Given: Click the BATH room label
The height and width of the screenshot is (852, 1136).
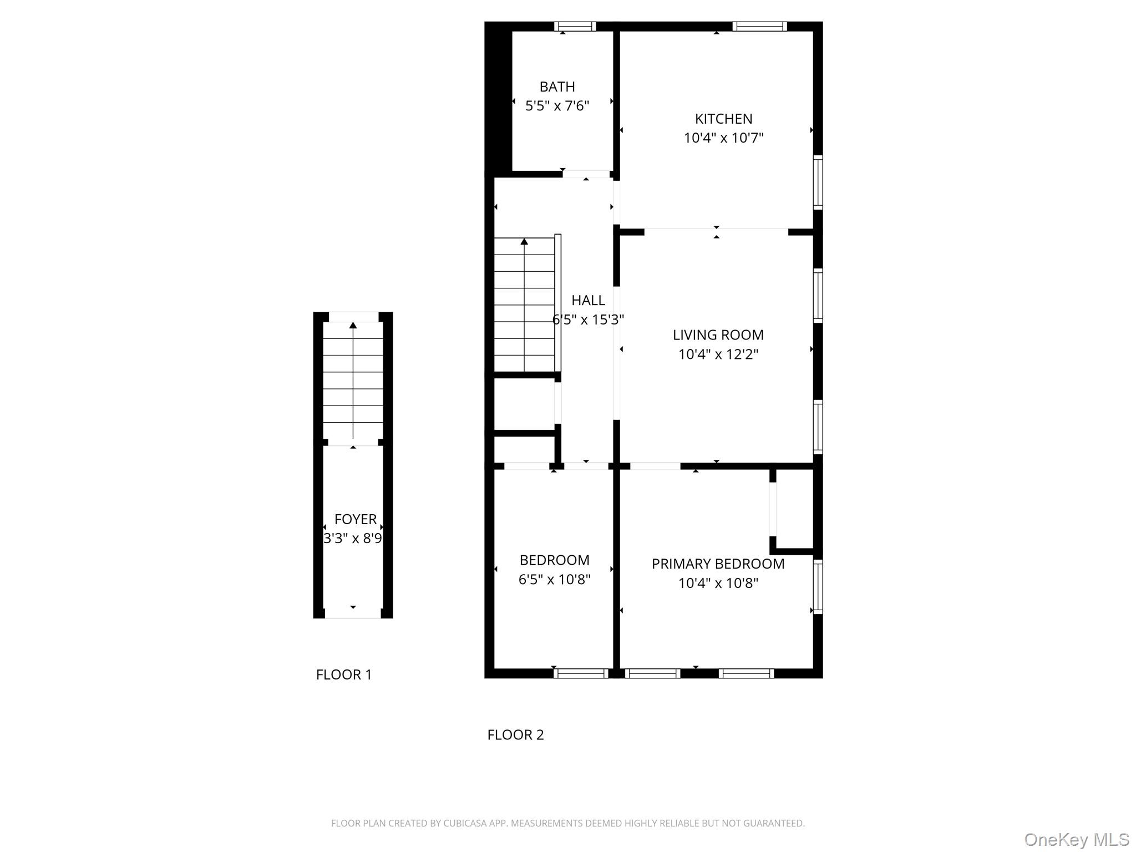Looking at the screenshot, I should [557, 87].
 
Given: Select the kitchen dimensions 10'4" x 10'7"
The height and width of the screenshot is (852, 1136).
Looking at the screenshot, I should [723, 138].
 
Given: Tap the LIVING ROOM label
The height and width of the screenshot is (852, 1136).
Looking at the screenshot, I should [718, 335].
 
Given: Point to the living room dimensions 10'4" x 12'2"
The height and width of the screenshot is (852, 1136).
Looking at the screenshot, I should [718, 354].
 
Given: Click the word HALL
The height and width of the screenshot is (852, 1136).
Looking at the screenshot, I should [588, 301].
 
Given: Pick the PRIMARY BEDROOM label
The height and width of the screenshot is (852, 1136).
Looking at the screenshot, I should [718, 564].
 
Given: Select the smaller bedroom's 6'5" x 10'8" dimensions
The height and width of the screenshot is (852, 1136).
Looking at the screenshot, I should [554, 580].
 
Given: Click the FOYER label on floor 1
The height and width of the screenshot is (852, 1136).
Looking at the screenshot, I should [355, 519].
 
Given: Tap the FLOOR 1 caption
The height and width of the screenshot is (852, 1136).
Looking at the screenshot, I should [343, 674].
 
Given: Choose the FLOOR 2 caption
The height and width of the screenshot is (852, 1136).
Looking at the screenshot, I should [515, 735].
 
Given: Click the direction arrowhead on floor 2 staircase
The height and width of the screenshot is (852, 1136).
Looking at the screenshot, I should [524, 241].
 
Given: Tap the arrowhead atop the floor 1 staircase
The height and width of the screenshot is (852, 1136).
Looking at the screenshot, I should [353, 325].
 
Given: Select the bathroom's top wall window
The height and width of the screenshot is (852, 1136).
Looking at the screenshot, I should [575, 26].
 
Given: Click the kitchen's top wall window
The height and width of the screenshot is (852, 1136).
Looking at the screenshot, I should [759, 26].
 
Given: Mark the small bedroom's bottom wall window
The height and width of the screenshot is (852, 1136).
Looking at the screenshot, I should [581, 673].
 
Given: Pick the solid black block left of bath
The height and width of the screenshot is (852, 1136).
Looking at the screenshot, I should [498, 100].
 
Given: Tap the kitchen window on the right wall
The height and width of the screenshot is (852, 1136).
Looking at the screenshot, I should [818, 182].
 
